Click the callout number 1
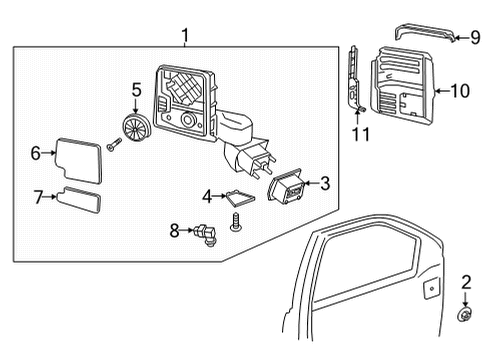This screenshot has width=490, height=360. pos(185,36)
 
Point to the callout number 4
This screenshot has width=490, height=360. pos(207,195)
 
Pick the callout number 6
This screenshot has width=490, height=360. pos(35,153)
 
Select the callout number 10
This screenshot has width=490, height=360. pos(459,90)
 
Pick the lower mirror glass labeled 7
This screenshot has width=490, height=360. pos(80,200)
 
